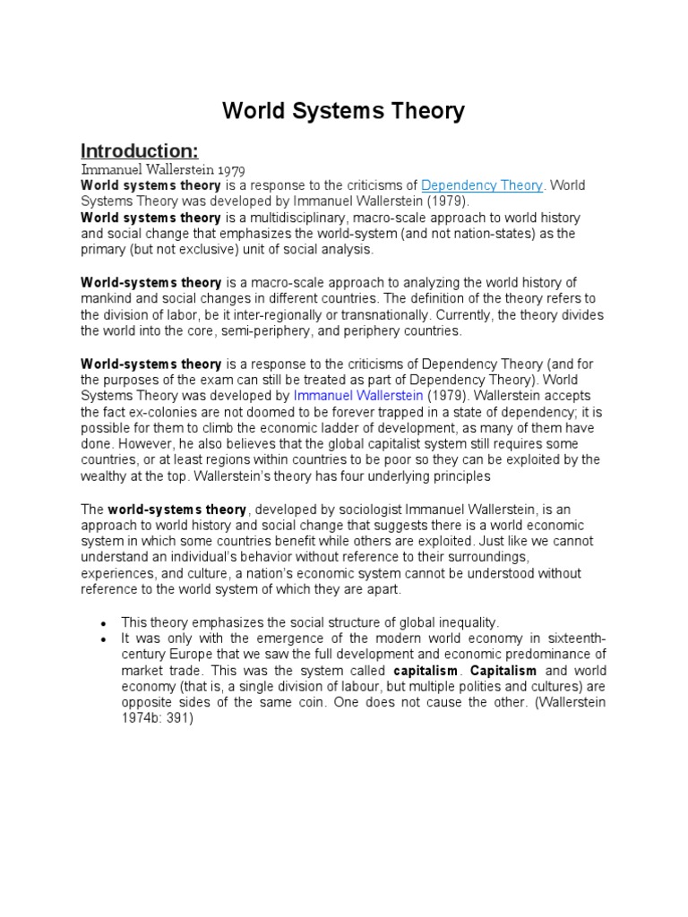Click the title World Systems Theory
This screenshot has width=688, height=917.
pos(344,111)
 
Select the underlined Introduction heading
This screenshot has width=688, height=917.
pos(139,149)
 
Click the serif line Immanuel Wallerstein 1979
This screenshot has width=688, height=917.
pos(163,168)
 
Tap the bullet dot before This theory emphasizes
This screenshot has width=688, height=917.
pos(105,622)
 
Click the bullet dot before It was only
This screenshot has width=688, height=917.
pos(105,638)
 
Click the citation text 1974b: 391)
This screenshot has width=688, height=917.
pos(157,718)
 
